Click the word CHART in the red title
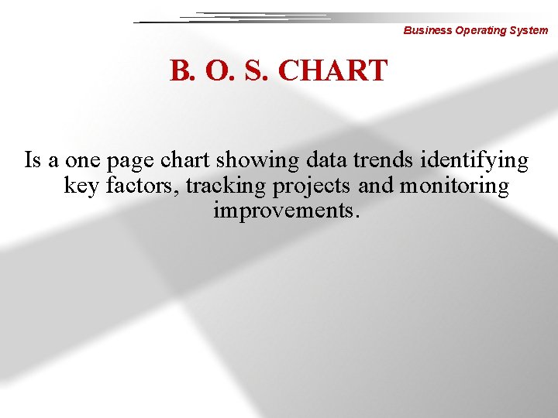332,70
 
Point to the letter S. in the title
253,70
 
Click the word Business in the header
425,31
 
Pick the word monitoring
454,186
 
